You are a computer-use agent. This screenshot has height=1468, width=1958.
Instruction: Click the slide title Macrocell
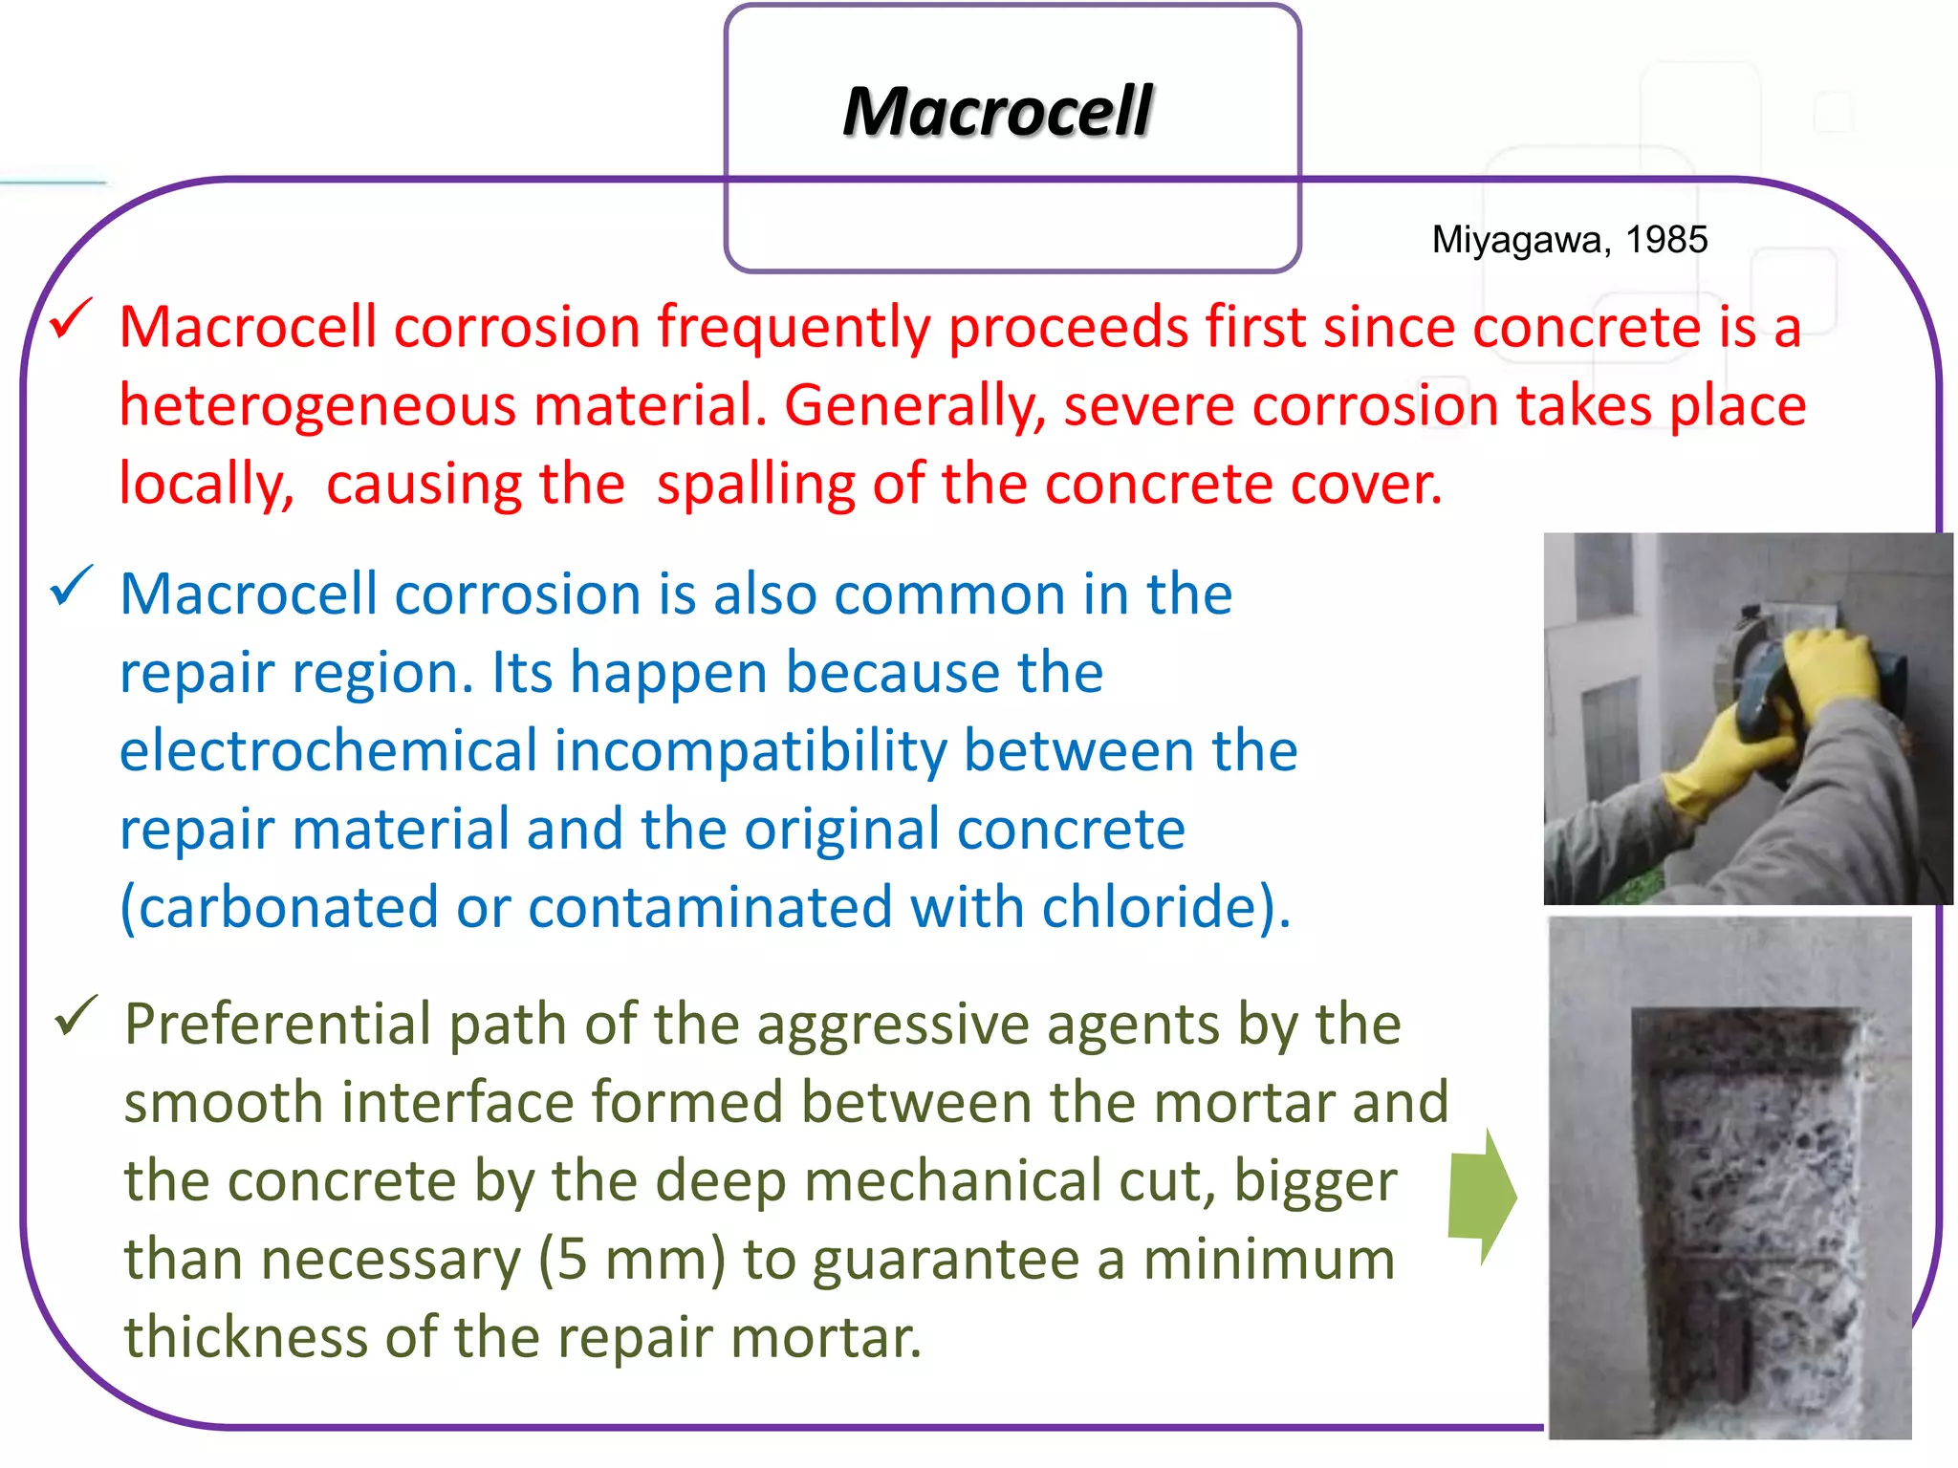coord(997,112)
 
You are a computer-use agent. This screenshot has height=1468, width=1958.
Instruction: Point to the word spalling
coord(755,485)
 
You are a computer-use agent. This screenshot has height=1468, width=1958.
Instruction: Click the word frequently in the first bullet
coord(793,328)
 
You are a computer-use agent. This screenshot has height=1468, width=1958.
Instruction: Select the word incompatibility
coord(751,750)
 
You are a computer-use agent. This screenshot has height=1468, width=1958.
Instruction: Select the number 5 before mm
coord(572,1260)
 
